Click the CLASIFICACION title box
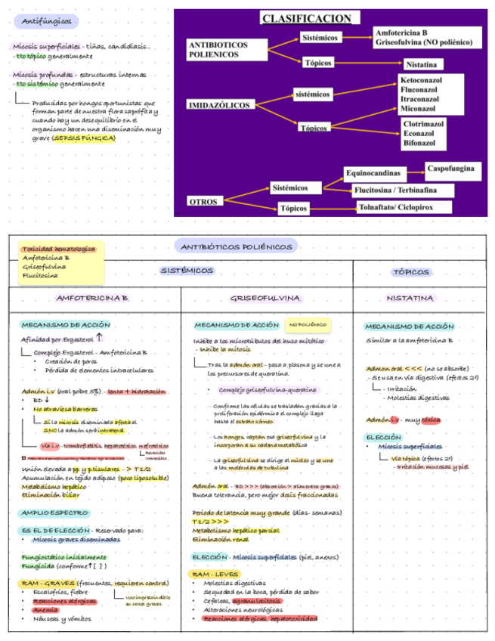pyautogui.click(x=307, y=18)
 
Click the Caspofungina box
pyautogui.click(x=450, y=167)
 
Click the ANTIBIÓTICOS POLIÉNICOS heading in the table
pyautogui.click(x=237, y=246)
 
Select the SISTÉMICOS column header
pyautogui.click(x=187, y=270)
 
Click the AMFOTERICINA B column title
pyautogui.click(x=92, y=298)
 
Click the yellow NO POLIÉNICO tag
pyautogui.click(x=308, y=325)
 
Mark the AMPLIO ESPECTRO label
pyautogui.click(x=54, y=513)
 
